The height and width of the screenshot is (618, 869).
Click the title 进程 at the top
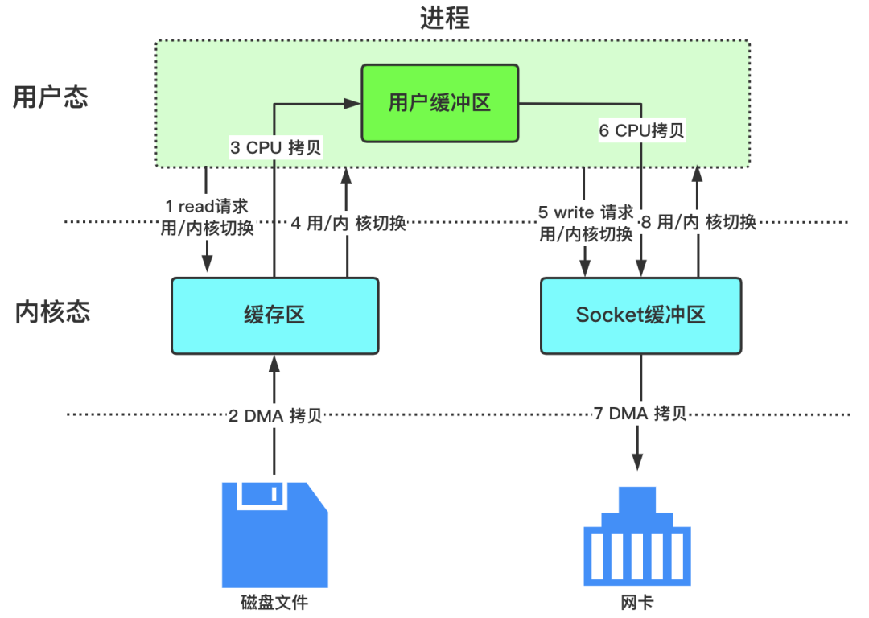tap(444, 18)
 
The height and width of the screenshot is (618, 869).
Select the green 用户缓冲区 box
tap(439, 103)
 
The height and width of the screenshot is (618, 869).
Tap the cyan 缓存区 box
tap(274, 315)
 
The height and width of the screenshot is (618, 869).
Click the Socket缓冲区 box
tap(640, 315)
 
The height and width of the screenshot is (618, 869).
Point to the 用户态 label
tap(51, 97)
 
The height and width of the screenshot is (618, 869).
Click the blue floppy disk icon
tap(275, 534)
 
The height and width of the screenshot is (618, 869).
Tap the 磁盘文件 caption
tap(274, 602)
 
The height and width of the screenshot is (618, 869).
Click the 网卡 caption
tap(637, 602)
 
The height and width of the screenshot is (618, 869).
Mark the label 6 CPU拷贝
tap(641, 130)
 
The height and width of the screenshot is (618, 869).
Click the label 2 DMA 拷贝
tap(275, 415)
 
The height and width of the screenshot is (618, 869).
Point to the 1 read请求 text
tap(207, 208)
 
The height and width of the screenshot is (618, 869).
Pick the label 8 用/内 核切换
tap(697, 223)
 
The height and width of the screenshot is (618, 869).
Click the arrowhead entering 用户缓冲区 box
tap(352, 103)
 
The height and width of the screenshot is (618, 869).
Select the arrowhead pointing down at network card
tap(638, 463)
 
